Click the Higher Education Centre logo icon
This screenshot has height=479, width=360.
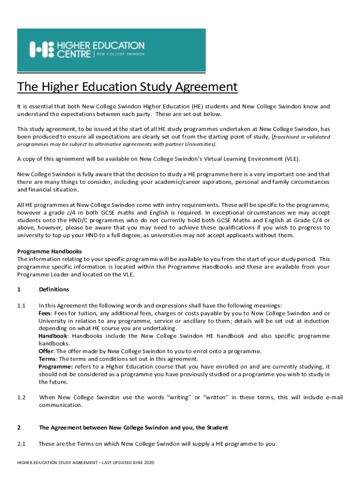click(x=41, y=49)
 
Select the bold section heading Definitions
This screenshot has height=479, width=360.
click(x=54, y=290)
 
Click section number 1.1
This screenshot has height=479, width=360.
click(x=21, y=305)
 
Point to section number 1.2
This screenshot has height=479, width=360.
click(x=21, y=397)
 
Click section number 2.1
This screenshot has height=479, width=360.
click(x=21, y=443)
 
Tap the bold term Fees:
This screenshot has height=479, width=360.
click(x=45, y=313)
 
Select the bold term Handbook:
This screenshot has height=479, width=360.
click(x=53, y=336)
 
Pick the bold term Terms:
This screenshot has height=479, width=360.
click(x=48, y=359)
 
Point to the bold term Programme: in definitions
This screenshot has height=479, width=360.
click(x=56, y=366)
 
